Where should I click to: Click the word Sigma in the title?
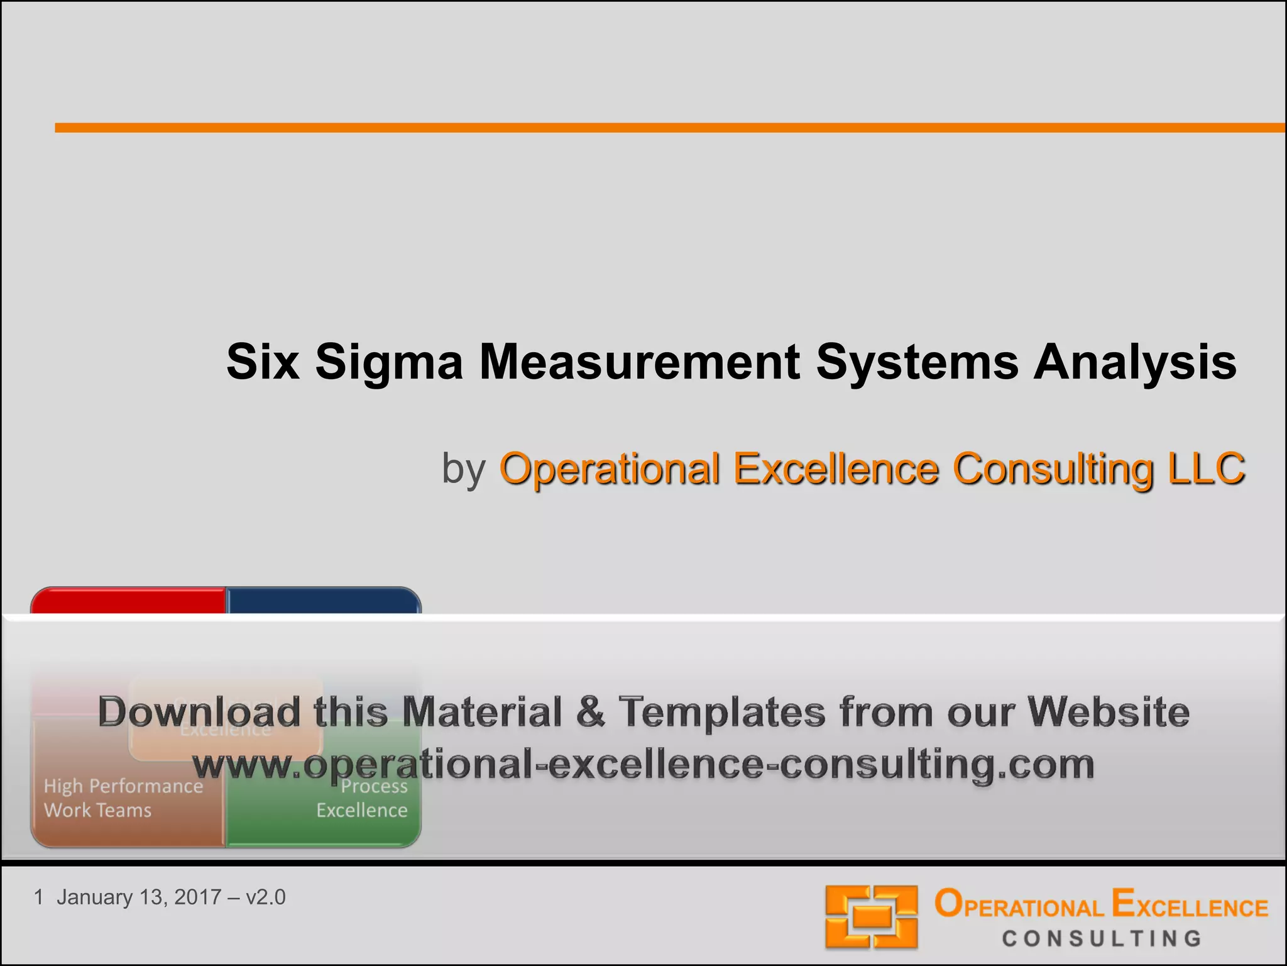[x=389, y=364]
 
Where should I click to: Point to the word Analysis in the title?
[x=1135, y=364]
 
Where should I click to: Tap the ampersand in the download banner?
[x=590, y=713]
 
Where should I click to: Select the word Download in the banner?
[x=199, y=713]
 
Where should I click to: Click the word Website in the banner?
[x=1109, y=713]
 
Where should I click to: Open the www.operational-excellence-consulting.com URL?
[x=643, y=765]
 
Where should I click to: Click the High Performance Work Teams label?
[x=123, y=798]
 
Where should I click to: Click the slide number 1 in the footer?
[x=39, y=897]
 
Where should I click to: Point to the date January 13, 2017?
[x=139, y=897]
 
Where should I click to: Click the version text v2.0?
[x=266, y=897]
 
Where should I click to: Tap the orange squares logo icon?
[x=871, y=916]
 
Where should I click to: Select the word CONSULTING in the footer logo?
[x=1102, y=938]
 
